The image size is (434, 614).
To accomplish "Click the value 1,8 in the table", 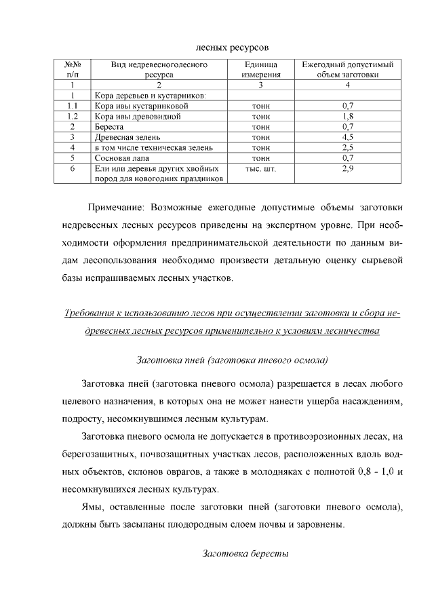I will point(348,117).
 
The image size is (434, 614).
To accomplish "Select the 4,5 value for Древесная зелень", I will point(348,137).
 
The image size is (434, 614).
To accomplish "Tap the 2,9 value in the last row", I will point(348,168).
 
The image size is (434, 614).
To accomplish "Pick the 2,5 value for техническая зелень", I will point(348,147).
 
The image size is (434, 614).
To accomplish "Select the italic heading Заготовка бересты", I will point(246,554).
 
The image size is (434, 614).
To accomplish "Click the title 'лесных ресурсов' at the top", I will point(232,47).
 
